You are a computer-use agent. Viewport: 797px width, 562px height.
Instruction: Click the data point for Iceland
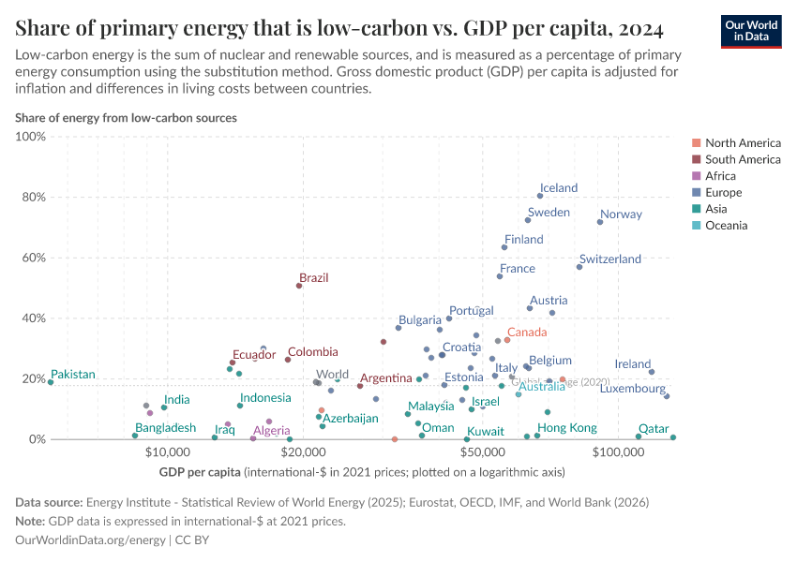pos(540,196)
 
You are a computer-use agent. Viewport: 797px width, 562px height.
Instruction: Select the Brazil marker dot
pos(299,286)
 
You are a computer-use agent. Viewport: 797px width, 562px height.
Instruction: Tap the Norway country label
pos(621,214)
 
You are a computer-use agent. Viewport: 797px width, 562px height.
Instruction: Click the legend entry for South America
pos(742,159)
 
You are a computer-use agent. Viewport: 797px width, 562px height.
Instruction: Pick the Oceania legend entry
pos(726,226)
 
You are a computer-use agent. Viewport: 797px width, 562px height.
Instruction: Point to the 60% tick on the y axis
pos(31,258)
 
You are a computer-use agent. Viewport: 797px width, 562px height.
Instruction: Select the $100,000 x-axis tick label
pos(618,452)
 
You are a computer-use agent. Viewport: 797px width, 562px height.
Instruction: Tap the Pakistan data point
pos(51,382)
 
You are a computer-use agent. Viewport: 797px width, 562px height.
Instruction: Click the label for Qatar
pos(654,429)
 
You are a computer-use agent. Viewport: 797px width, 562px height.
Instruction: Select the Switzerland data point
pos(579,267)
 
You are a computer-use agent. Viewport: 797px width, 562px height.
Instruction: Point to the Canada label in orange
pos(526,333)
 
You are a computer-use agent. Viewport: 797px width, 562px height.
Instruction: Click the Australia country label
pos(541,387)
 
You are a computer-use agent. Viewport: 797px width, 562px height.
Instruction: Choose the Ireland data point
pos(652,372)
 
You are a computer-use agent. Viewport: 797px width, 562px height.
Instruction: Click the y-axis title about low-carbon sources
pos(126,118)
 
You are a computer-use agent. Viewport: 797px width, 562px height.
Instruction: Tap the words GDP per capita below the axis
pos(200,472)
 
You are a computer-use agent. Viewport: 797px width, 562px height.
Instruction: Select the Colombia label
pos(312,352)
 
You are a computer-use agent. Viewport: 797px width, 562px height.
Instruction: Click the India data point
pos(164,407)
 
